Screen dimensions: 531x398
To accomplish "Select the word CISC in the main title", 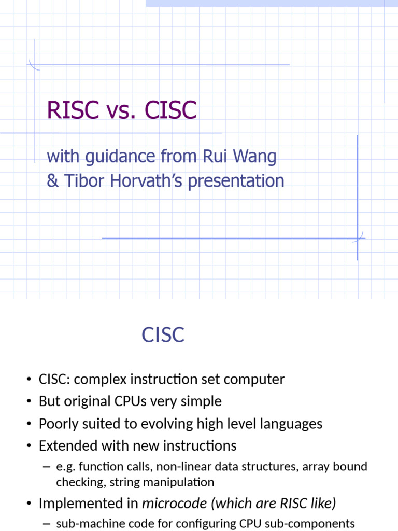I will coord(170,110).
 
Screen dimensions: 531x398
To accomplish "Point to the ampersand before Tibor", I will coord(52,181).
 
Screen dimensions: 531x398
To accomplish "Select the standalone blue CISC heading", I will coord(163,335).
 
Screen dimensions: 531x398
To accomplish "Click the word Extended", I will coord(65,446).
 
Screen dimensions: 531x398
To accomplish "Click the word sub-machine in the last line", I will coord(86,523).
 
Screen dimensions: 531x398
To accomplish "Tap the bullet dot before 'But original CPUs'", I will coord(29,402).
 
